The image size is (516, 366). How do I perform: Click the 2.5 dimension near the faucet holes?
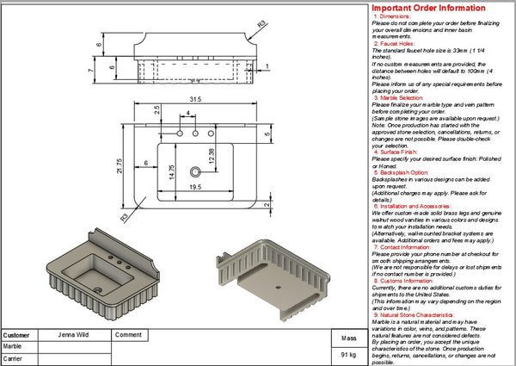point(157,110)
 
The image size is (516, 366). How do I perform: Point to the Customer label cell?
point(17,335)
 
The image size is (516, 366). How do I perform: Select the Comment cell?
point(128,335)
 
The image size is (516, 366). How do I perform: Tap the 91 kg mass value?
point(348,354)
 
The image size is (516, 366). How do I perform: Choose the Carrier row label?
point(14,358)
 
